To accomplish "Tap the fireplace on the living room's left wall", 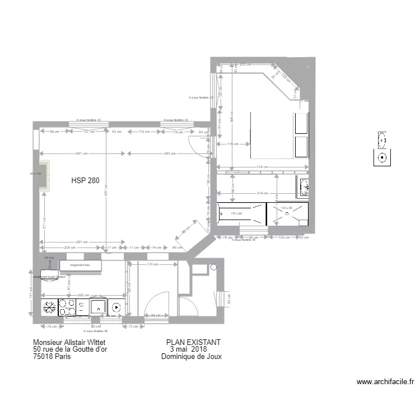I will pyautogui.click(x=43, y=175).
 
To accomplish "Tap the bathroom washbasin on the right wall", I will pyautogui.click(x=304, y=186).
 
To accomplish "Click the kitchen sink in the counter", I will pyautogui.click(x=99, y=306).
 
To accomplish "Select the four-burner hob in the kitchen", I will pyautogui.click(x=68, y=306).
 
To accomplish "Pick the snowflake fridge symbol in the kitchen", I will pyautogui.click(x=49, y=307).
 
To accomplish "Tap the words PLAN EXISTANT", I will pyautogui.click(x=193, y=342).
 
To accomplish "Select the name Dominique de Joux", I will pyautogui.click(x=191, y=357).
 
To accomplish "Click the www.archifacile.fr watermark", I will pyautogui.click(x=385, y=382).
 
